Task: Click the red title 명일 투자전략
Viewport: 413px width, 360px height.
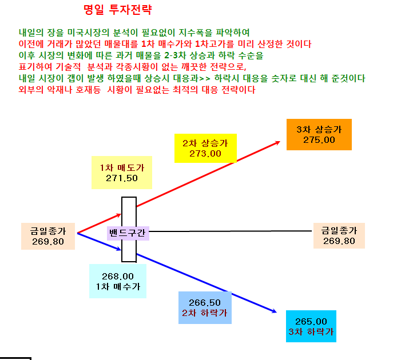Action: [117, 10]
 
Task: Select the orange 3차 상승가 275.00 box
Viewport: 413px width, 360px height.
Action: [319, 134]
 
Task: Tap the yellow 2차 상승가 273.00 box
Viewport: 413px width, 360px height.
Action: [205, 148]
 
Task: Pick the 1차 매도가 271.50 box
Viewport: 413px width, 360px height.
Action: [122, 173]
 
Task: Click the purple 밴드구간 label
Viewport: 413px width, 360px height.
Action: [128, 233]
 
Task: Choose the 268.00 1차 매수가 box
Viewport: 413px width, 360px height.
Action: [118, 281]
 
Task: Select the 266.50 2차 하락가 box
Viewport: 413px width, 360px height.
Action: [205, 307]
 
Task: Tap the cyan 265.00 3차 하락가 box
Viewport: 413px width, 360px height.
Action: [311, 326]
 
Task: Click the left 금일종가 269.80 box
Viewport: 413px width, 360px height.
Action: [48, 236]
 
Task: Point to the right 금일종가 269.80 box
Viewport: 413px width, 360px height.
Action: [339, 235]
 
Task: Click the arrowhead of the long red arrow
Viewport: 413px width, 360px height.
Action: [279, 142]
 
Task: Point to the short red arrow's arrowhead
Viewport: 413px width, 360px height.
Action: [119, 215]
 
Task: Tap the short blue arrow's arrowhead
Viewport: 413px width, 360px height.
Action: [119, 249]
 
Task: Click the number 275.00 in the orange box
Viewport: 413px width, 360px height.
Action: [319, 140]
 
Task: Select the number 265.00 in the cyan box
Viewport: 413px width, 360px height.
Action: [311, 321]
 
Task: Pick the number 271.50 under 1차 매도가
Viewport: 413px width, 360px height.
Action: [122, 178]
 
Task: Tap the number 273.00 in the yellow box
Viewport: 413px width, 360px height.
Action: [205, 153]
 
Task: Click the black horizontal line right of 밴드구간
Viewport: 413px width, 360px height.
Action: [230, 231]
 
